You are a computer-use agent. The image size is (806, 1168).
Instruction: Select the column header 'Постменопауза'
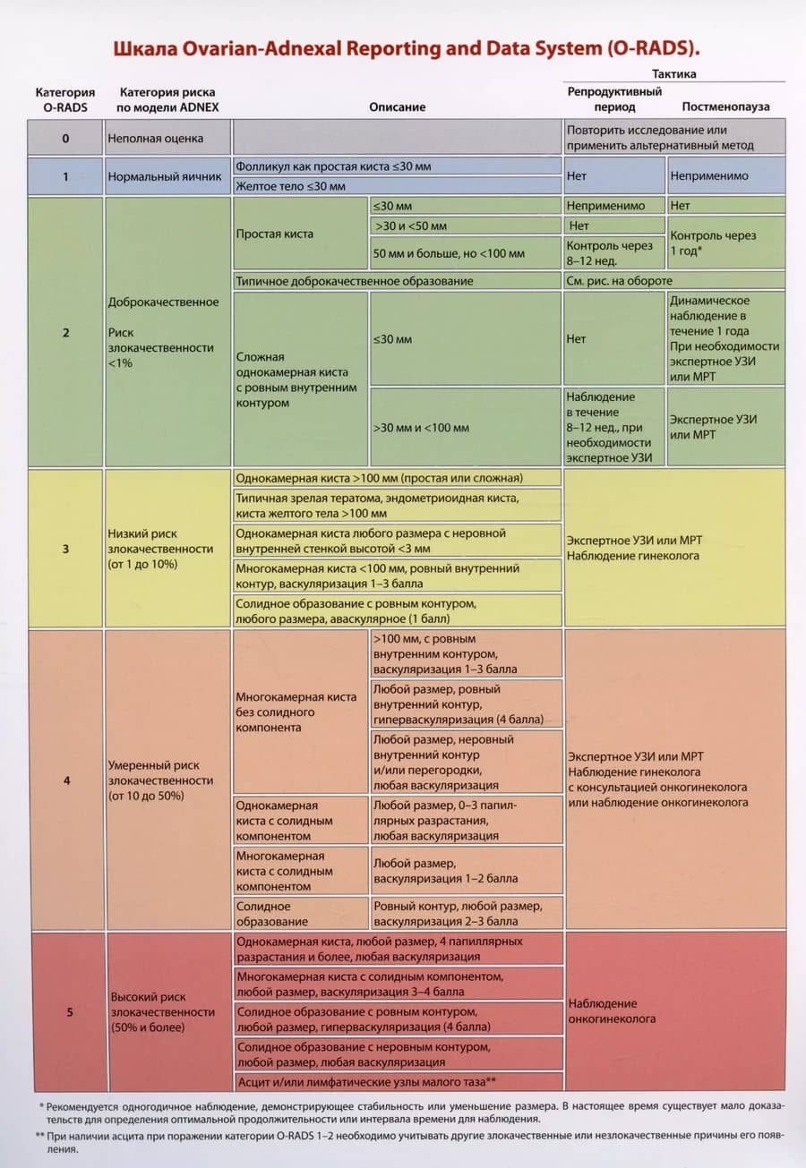[x=725, y=107]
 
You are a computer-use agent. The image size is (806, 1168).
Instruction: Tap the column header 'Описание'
[x=397, y=107]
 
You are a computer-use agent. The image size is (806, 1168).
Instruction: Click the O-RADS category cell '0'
[x=65, y=139]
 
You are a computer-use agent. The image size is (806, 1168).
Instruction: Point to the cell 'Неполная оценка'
[x=155, y=139]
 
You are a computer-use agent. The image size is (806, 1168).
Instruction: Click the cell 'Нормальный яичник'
[x=165, y=176]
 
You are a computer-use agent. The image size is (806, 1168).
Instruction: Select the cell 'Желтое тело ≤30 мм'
[x=290, y=186]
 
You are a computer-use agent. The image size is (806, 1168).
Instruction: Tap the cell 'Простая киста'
[x=274, y=233]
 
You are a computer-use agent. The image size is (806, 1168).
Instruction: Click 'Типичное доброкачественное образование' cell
[x=355, y=281]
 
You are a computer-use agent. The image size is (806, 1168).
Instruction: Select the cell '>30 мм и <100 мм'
[x=421, y=428]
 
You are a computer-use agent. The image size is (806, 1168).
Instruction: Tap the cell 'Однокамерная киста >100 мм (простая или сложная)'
[x=380, y=478]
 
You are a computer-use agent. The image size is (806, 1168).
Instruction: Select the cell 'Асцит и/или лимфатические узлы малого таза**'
[x=366, y=1081]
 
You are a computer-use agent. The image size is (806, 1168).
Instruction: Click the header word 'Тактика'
[x=674, y=74]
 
